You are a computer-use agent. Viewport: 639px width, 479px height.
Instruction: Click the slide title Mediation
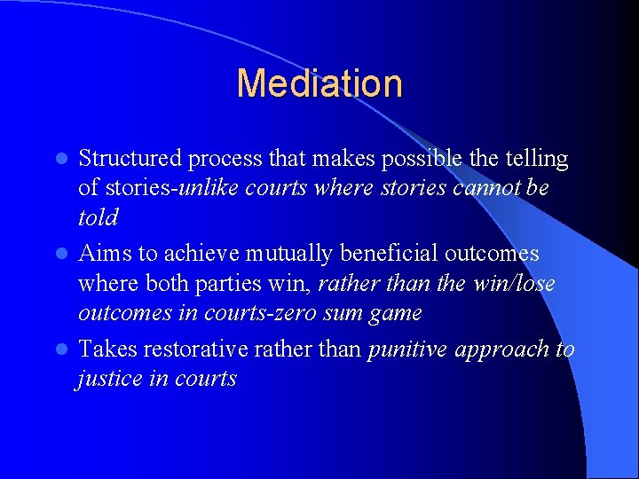pos(319,83)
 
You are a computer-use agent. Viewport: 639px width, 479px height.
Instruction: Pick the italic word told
pos(97,218)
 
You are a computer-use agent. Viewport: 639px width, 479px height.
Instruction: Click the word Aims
pos(105,254)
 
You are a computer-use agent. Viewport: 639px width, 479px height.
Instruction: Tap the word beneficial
pos(389,254)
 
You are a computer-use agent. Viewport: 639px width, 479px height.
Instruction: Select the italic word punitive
pos(406,350)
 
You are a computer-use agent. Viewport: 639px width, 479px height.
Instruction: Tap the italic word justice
pos(109,380)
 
